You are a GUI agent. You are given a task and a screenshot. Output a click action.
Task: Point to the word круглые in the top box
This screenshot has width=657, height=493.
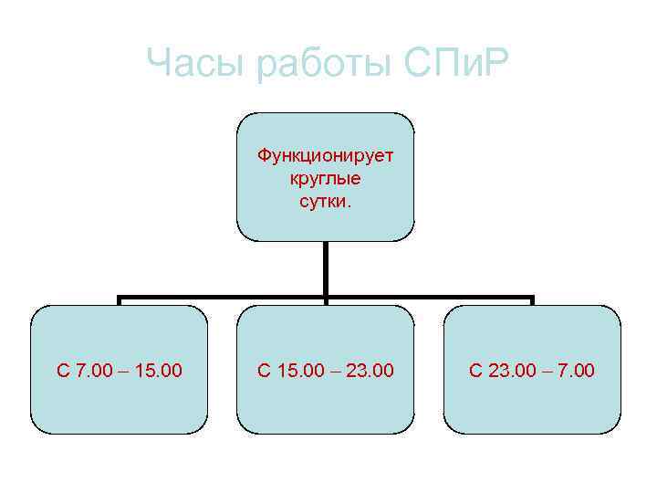coord(325,177)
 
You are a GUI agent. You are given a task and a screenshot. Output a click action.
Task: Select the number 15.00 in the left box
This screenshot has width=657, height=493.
coord(158,371)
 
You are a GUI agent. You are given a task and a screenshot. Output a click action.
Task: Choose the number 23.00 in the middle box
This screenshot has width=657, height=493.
coord(370,371)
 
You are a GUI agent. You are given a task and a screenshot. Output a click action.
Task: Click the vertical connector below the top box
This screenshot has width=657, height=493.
coord(326,269)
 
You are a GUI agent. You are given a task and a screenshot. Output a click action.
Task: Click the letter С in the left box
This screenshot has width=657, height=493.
coord(63,371)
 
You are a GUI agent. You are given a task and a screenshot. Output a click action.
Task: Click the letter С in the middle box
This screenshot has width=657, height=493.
coord(264,371)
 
